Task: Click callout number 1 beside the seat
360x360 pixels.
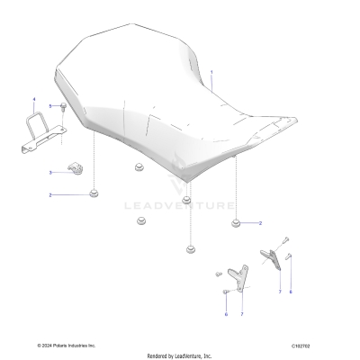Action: coord(212,71)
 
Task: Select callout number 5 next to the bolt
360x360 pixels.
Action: coord(50,106)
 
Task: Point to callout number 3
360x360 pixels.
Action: coord(50,171)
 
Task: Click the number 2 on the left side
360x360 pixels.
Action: coord(50,194)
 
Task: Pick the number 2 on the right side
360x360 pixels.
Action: coord(261,222)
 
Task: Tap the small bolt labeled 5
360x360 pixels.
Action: coord(65,108)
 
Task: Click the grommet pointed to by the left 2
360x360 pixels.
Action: coord(93,192)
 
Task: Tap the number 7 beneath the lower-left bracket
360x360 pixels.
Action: coord(240,315)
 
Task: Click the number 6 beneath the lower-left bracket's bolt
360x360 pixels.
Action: coord(225,314)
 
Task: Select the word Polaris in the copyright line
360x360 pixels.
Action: coord(67,345)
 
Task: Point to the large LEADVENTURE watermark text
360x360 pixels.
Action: coord(192,205)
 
